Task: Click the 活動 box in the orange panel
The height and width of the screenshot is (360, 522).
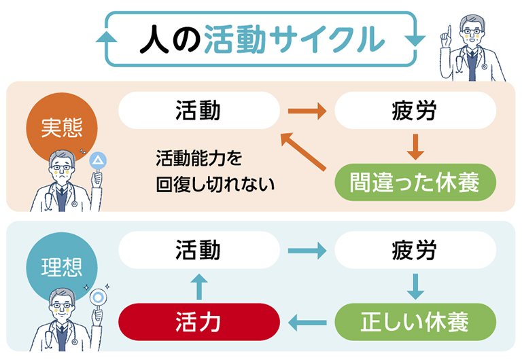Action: click(198, 111)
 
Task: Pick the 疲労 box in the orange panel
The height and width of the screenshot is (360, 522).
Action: click(415, 111)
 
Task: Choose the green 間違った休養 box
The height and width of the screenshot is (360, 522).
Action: click(415, 182)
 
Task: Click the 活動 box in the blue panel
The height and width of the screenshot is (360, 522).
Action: click(198, 250)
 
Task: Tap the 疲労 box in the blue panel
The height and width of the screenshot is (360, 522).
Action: click(415, 250)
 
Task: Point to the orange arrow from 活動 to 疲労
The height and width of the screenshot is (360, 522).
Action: click(307, 111)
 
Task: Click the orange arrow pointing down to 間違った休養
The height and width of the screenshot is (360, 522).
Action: click(415, 146)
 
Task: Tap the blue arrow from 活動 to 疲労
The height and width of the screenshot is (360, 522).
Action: click(307, 250)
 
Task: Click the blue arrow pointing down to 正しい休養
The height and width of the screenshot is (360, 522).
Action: click(415, 285)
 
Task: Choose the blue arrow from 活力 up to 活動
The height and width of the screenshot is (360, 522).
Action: click(198, 286)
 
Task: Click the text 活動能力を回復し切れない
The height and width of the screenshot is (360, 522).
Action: click(210, 172)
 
